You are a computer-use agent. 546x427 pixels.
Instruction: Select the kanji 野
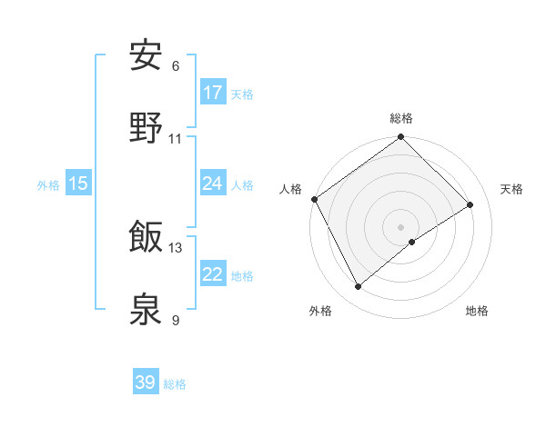146,129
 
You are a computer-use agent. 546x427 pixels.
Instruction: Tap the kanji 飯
146,237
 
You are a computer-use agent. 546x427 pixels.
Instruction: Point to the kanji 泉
146,310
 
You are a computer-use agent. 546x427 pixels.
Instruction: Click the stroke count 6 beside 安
176,66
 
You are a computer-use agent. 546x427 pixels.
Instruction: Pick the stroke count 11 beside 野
176,139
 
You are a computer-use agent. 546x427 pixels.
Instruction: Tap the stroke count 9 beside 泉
176,320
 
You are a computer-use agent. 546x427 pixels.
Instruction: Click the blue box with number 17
213,93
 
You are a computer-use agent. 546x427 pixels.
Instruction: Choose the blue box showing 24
213,184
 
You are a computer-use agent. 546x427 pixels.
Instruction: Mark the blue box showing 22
213,274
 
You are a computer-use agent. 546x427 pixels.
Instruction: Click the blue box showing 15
78,184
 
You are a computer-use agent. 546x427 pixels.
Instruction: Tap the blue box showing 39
146,382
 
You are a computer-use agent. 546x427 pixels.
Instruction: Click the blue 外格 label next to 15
48,184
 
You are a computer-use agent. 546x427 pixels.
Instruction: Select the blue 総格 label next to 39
175,384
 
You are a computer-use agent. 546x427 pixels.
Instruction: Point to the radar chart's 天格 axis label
512,189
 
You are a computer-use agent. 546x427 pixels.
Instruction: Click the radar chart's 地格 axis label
477,311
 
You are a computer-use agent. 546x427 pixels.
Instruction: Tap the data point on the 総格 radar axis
400,138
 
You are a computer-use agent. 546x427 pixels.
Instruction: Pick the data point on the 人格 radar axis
314,199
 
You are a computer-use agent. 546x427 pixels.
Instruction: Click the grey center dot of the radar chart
400,226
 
